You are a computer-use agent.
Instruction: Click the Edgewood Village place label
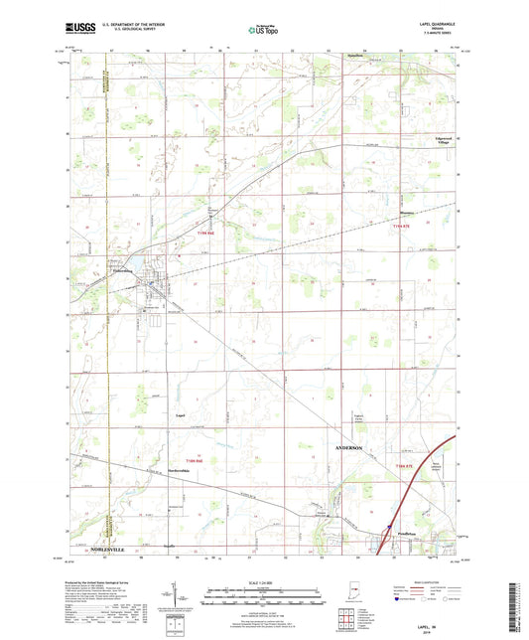pos(438,142)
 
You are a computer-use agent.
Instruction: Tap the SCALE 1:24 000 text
pos(263,582)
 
